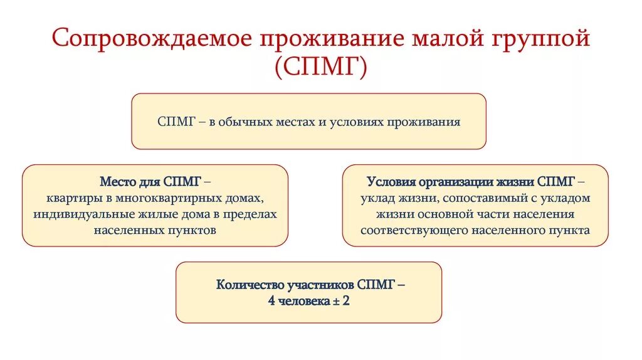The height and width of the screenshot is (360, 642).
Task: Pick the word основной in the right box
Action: click(436, 214)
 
